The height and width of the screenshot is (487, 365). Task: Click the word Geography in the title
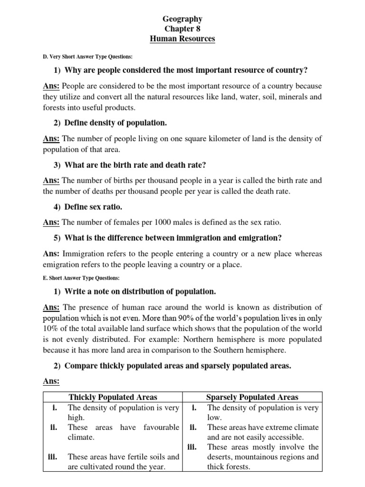182,19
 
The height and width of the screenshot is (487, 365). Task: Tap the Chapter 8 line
182,29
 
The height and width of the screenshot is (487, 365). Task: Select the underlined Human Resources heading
182,39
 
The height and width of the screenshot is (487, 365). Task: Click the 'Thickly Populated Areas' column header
113,397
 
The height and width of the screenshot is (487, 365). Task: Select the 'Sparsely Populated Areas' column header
252,397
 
